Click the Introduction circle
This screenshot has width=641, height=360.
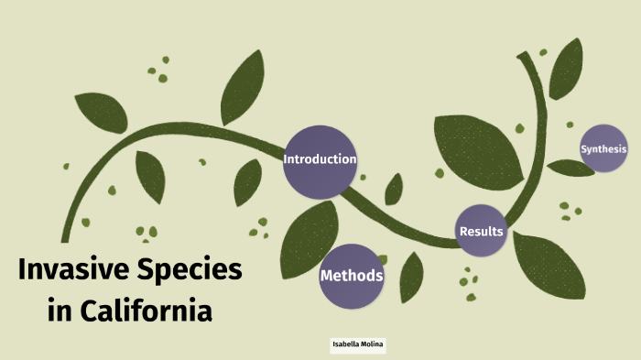tap(319, 161)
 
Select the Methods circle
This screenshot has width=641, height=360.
tap(352, 276)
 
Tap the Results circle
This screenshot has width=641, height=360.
tap(481, 231)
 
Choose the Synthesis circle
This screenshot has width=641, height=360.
tap(603, 148)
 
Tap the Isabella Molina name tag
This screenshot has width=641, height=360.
tap(359, 344)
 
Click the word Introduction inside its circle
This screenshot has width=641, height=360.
tap(320, 159)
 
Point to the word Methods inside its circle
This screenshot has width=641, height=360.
tap(352, 276)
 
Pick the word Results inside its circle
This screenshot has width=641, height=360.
tap(482, 232)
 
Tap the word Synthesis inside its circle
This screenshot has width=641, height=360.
tap(603, 148)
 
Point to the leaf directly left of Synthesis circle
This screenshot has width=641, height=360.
tap(570, 168)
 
